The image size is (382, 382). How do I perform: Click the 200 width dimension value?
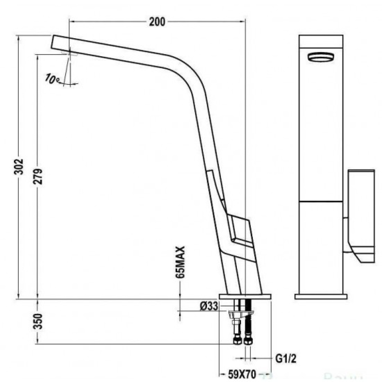tap(157, 22)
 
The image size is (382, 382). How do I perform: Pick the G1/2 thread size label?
tap(285, 359)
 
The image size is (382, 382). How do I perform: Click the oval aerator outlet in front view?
tap(320, 57)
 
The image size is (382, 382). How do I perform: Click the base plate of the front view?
tap(321, 296)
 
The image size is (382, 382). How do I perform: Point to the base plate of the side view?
tap(244, 296)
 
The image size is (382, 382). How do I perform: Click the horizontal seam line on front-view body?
tap(320, 201)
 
